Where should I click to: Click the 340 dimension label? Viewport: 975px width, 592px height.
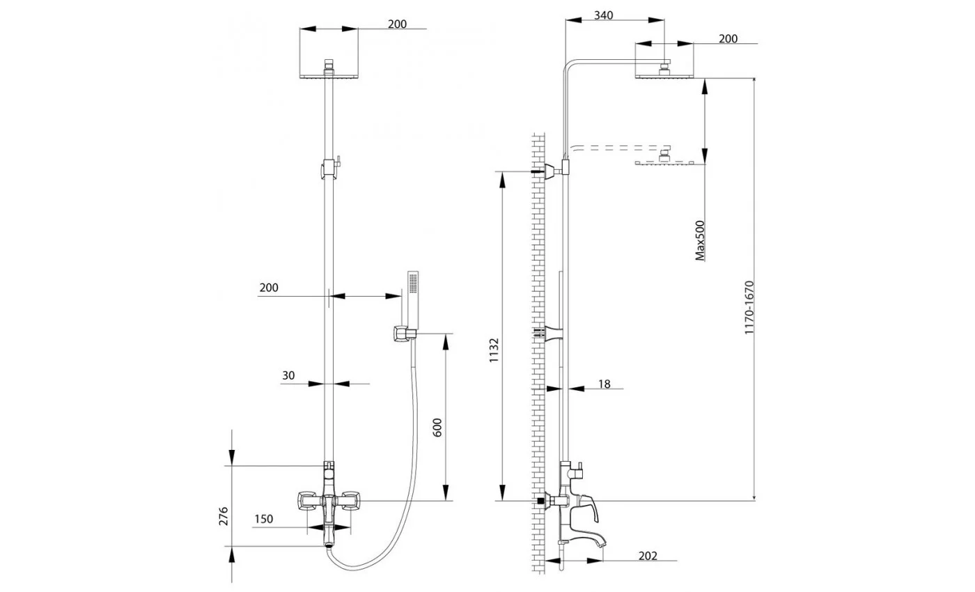coord(603,15)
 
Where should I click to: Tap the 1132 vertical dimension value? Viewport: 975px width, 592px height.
coord(493,350)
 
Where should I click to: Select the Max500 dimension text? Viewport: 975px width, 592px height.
coord(699,241)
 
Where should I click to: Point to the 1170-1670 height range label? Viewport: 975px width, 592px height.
coord(749,308)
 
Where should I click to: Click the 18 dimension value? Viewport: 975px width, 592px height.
coord(604,384)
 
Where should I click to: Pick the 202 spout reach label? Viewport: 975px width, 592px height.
coord(648,556)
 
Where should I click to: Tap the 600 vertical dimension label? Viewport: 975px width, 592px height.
coord(437,428)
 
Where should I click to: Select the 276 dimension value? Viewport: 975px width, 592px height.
coord(224,516)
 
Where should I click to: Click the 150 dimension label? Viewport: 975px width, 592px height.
coord(264,519)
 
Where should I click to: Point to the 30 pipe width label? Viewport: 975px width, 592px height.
coord(288,375)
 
